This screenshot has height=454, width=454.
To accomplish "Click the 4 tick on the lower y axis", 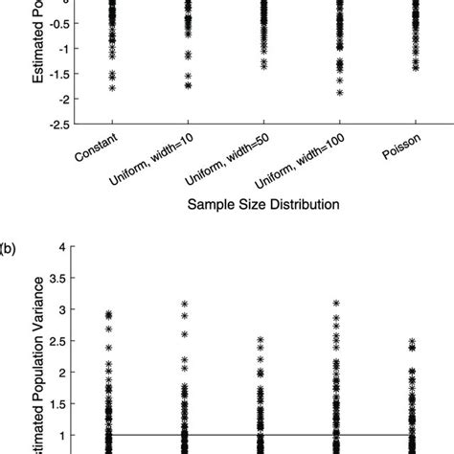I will [64, 247].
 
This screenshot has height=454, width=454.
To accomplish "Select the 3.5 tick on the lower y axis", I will [57, 279].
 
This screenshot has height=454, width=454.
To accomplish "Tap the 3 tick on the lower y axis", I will [64, 309].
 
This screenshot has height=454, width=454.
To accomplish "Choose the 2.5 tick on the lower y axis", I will [57, 341].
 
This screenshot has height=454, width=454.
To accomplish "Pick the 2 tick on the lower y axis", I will [64, 372].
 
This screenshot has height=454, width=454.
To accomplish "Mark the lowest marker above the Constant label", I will [112, 87].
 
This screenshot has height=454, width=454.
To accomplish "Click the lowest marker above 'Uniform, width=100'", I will [339, 93].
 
